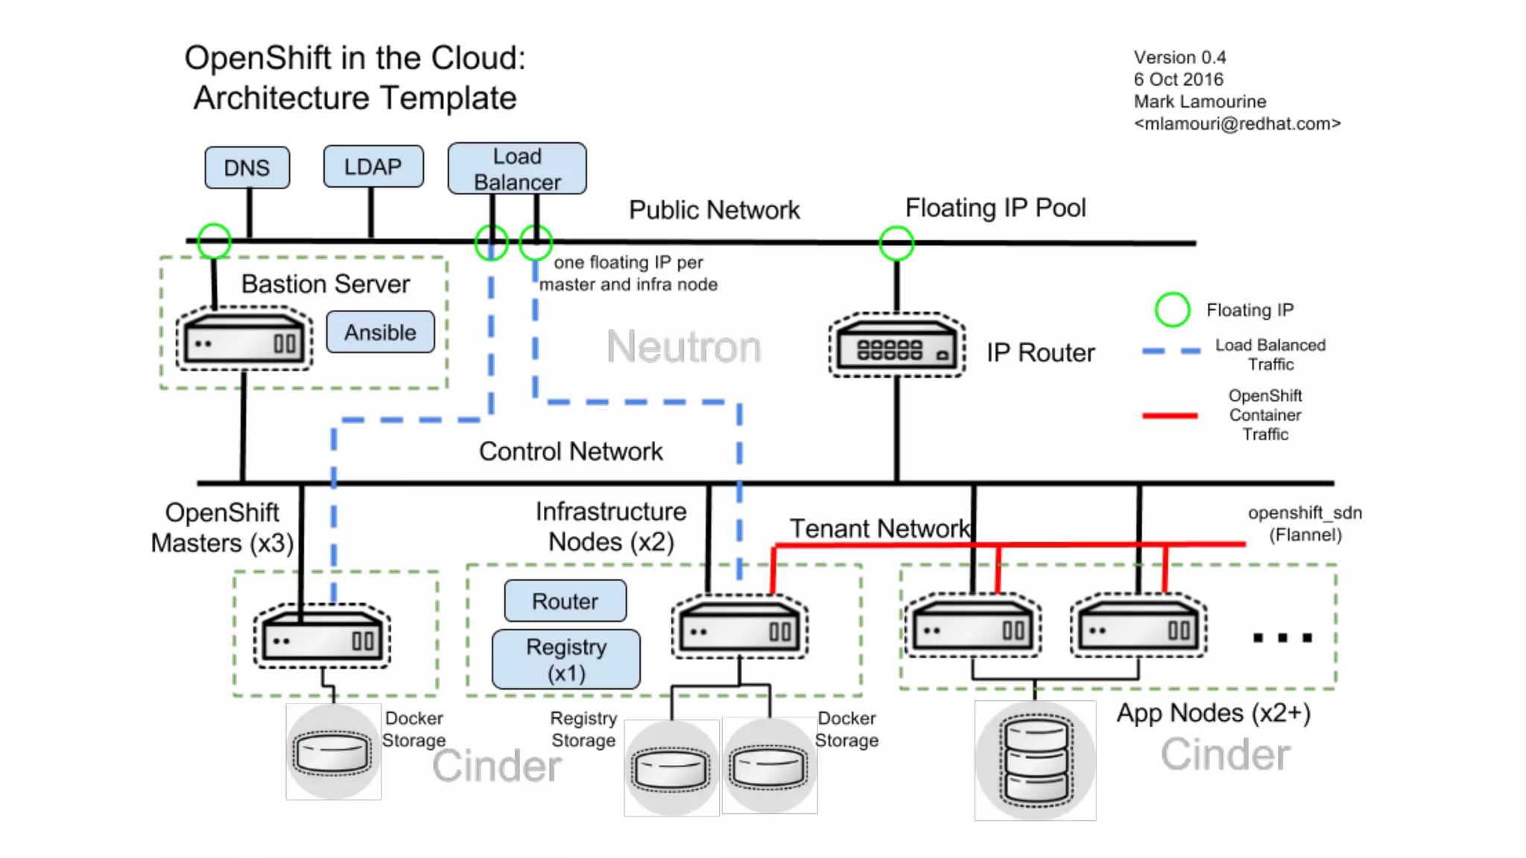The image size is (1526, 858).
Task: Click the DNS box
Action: (x=247, y=168)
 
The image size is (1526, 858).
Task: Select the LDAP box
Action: (x=373, y=166)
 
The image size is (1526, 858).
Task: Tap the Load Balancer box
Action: (x=517, y=169)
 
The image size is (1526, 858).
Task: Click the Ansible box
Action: (x=380, y=332)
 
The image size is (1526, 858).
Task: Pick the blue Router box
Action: (x=565, y=601)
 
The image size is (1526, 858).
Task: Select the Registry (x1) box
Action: (x=566, y=660)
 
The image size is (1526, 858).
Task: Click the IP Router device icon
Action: (x=897, y=346)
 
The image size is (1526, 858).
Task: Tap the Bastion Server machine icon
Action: (x=244, y=339)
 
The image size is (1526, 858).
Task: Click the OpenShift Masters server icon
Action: (x=322, y=635)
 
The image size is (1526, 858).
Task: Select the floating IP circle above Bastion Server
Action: (x=215, y=241)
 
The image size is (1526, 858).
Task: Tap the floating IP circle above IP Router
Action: (x=896, y=243)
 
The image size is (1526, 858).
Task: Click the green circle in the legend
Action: (x=1172, y=310)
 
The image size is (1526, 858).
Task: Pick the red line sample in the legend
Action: (x=1170, y=416)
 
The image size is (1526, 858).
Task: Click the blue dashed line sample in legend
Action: (x=1171, y=351)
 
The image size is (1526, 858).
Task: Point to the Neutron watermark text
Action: (x=683, y=347)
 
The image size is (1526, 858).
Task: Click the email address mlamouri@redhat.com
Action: (x=1237, y=124)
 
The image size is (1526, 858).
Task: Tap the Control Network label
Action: (x=571, y=451)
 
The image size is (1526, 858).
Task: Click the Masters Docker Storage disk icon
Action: (x=333, y=752)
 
